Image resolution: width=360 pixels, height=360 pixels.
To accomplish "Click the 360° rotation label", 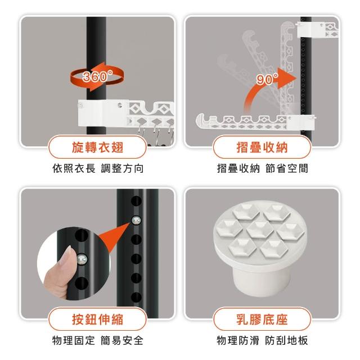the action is [97, 76].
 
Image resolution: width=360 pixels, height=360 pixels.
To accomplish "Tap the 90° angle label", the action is [267, 79].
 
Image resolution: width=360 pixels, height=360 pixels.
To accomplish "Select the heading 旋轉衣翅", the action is [97, 147].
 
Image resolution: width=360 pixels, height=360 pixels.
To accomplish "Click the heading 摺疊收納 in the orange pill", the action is [262, 147].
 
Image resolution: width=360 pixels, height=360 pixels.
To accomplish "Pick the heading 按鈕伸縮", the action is [97, 319].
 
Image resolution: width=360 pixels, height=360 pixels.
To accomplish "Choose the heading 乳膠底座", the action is [262, 319].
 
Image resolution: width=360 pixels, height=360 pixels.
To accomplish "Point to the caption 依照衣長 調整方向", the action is [98, 168].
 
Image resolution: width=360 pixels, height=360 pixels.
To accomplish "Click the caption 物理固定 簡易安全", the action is [98, 340].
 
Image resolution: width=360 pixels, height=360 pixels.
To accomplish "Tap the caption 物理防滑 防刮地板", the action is [262, 340].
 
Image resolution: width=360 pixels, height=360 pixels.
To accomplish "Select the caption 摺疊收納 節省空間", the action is [262, 168].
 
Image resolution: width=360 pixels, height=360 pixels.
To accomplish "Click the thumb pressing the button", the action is [61, 271].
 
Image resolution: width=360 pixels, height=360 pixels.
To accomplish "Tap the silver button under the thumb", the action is [82, 259].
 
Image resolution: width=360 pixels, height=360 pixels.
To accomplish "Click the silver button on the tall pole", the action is [136, 220].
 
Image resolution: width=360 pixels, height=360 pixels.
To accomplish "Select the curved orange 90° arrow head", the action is [286, 78].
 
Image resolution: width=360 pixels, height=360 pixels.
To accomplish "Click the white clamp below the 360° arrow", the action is [103, 113].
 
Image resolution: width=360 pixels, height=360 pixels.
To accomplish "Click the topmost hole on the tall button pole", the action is [136, 201].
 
